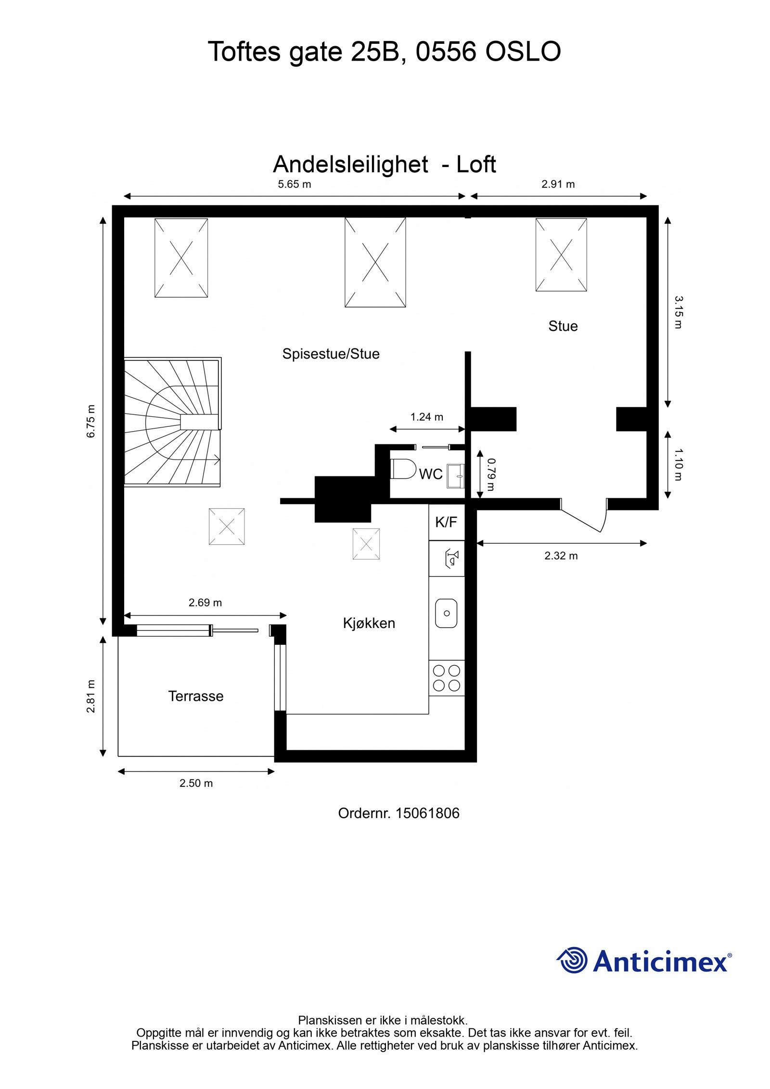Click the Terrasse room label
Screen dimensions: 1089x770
[x=195, y=696]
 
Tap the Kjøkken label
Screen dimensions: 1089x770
[x=369, y=623]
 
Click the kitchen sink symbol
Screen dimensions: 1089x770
[x=446, y=613]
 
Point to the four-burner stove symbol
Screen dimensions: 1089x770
[x=446, y=678]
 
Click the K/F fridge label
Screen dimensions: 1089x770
[x=446, y=522]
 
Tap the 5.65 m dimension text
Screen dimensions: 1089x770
[x=294, y=184]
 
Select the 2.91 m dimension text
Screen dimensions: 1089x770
[x=558, y=184]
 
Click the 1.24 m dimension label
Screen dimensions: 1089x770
[x=426, y=417]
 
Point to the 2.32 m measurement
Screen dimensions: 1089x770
[x=561, y=556]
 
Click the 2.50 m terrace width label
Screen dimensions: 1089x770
[x=196, y=783]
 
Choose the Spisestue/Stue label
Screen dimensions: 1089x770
[x=331, y=354]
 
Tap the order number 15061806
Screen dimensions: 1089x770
[x=427, y=813]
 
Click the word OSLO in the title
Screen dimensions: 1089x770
[x=523, y=51]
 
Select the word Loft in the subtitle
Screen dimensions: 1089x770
[x=476, y=165]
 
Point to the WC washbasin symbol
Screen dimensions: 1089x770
[x=455, y=476]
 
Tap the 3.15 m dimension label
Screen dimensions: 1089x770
[x=678, y=312]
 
